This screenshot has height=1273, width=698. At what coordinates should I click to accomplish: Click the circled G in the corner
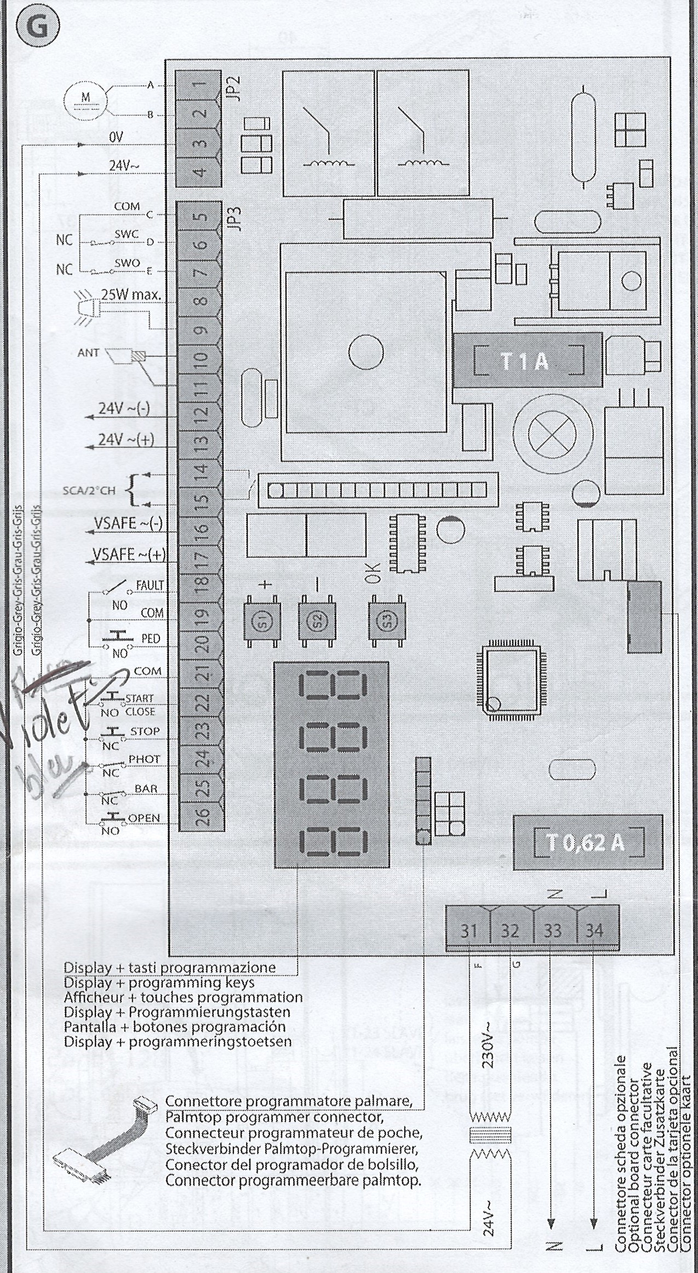point(37,27)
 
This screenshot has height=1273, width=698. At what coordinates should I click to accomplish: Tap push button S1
point(262,621)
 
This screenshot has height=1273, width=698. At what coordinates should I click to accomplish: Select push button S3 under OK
point(387,621)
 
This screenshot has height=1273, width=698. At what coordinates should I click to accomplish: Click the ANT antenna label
point(88,353)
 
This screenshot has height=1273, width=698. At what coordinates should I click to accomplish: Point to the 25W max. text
point(131,294)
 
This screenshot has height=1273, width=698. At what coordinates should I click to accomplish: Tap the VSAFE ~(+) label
point(129,555)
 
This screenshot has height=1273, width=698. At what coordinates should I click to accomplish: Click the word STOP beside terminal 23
point(145,731)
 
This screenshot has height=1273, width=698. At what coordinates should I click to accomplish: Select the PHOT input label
point(144,759)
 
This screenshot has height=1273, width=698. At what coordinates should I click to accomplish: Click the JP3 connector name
point(236,218)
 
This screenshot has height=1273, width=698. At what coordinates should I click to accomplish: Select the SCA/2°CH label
point(89,490)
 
